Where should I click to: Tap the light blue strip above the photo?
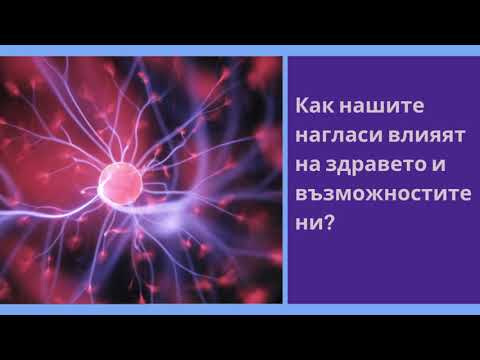pos(240,50)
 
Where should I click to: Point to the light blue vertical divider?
pos(284,180)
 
